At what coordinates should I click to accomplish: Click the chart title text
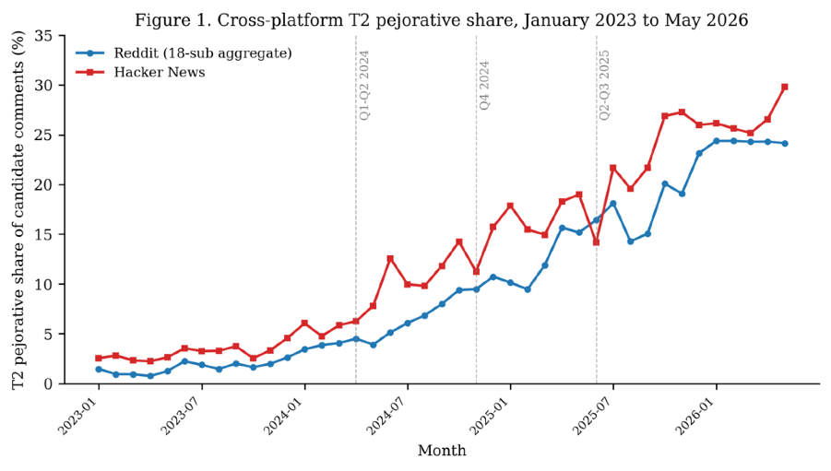point(441,20)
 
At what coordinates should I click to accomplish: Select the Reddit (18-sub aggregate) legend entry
point(184,53)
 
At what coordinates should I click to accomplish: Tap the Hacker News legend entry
point(140,72)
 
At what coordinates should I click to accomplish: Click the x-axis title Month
point(442,451)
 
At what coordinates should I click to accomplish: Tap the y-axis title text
point(18,210)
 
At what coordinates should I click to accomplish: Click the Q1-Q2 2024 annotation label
point(364,86)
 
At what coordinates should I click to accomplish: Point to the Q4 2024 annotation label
point(484,86)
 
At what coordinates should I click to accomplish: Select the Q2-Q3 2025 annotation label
point(605,86)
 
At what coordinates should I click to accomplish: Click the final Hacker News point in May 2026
point(785,87)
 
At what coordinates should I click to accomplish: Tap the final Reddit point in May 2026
point(785,144)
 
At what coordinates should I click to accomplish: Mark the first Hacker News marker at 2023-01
point(99,359)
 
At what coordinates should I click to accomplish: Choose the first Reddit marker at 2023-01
point(99,370)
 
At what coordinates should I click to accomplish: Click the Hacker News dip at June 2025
point(596,242)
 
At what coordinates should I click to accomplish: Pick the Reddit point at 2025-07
point(613,204)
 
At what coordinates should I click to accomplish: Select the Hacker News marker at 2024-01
point(304,324)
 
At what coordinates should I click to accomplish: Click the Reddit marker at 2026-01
point(717,141)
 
